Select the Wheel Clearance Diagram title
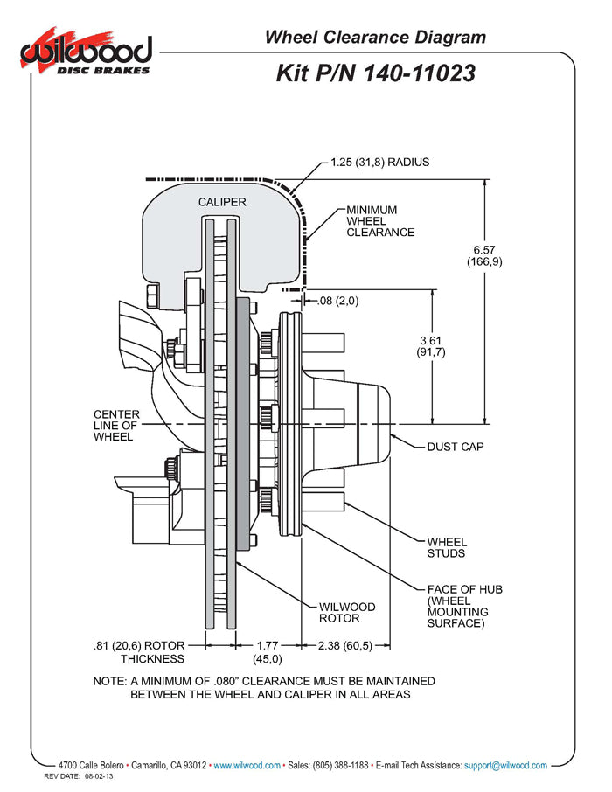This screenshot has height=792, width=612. click(x=374, y=37)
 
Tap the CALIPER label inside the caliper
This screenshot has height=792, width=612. click(x=221, y=202)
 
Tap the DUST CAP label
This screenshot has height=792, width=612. click(x=455, y=447)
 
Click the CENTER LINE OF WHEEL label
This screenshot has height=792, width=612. click(x=114, y=425)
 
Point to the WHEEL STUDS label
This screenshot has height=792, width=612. click(x=447, y=547)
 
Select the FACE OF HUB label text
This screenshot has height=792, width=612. click(x=464, y=606)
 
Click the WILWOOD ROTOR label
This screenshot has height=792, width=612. click(x=347, y=612)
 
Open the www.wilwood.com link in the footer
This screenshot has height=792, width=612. click(x=247, y=765)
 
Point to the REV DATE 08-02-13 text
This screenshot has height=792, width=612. click(x=80, y=776)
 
